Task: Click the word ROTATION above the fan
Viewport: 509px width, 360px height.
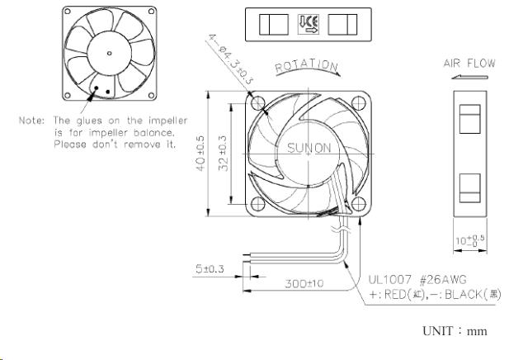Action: pyautogui.click(x=306, y=65)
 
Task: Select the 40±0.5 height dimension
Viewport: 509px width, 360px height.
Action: pyautogui.click(x=212, y=153)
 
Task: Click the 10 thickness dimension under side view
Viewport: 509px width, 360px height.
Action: pyautogui.click(x=469, y=240)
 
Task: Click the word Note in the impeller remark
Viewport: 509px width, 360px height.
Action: pyautogui.click(x=32, y=120)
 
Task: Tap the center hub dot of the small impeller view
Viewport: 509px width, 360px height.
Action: pyautogui.click(x=109, y=53)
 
